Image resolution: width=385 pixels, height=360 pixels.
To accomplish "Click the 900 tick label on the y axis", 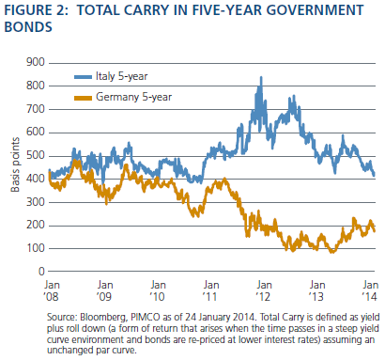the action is tap(36, 62).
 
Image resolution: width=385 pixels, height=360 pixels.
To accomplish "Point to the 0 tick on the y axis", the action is tap(41, 272).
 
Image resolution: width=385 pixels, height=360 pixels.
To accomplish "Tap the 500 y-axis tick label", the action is tap(36, 155).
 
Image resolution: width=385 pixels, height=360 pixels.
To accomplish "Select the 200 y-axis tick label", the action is tap(36, 225).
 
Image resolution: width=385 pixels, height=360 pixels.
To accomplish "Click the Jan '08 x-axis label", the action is tap(52, 290).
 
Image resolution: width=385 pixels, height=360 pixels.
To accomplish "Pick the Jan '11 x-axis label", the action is tap(210, 290).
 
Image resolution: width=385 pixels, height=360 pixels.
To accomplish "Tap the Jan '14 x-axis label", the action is tap(370, 290).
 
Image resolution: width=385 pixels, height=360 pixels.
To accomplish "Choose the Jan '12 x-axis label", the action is tap(264, 290).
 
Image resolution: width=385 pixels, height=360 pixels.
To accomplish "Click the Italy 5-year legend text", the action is tap(121, 76).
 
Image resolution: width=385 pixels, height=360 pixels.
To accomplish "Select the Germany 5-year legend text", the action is tap(133, 97).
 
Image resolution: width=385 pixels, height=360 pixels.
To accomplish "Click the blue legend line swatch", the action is tap(83, 77).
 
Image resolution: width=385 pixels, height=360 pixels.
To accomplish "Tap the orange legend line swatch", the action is tap(83, 98).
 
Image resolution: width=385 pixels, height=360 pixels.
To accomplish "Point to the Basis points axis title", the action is tap(15, 164).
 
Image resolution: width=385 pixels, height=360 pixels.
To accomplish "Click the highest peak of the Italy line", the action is tap(261, 77).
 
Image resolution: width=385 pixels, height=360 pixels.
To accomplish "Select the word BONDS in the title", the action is tap(28, 26).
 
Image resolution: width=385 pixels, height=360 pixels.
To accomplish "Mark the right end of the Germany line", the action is tap(375, 231).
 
